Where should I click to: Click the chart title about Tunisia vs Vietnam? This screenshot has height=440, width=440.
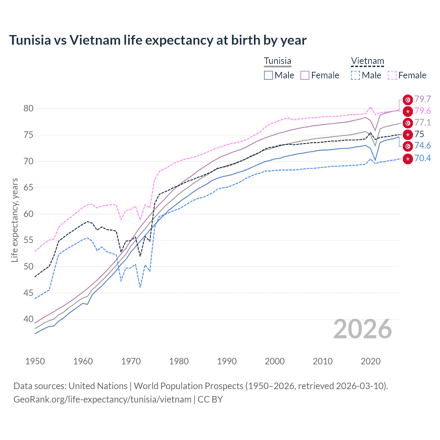coord(157,40)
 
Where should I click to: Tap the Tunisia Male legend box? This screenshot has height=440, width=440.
coord(268,75)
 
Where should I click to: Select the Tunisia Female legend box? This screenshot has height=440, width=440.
coord(305,75)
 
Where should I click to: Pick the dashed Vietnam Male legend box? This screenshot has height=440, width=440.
coord(355,75)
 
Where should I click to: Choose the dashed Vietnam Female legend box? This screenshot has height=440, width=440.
coord(392,75)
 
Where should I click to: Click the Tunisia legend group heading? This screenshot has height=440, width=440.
coord(277,61)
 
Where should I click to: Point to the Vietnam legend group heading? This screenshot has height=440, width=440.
coord(367,61)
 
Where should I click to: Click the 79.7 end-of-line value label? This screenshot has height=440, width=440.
coord(422,99)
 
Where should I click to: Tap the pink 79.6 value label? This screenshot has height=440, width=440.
coord(422,111)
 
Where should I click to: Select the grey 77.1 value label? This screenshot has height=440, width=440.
coord(422,123)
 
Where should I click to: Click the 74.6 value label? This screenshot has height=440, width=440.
coord(422,146)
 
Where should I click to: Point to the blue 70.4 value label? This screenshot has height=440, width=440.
coord(422,158)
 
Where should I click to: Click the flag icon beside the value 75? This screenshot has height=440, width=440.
coord(408,134)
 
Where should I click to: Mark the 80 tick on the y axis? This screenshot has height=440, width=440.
coord(29,109)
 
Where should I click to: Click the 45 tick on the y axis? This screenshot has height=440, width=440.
coord(29,293)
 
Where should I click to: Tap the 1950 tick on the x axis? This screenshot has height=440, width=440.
coord(35,361)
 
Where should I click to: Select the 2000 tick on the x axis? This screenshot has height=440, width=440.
coord(275,361)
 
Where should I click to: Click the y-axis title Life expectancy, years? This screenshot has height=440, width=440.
coord(14,220)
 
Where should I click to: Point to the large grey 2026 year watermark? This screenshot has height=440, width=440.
coord(363,329)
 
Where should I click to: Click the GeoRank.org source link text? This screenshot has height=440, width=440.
coord(102,399)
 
